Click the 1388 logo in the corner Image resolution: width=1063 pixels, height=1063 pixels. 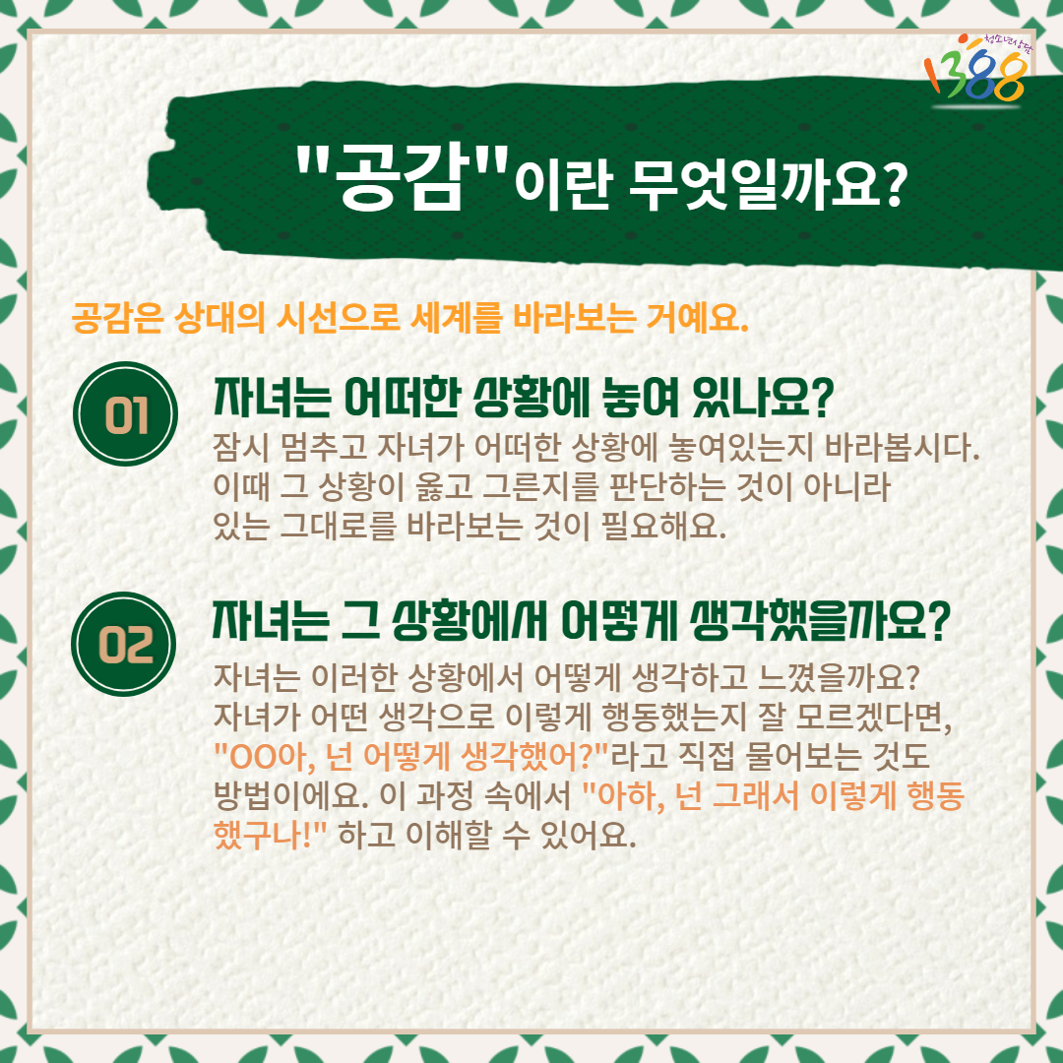[977, 68]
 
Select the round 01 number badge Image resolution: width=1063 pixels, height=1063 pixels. [125, 413]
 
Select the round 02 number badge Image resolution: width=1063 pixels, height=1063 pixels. [124, 644]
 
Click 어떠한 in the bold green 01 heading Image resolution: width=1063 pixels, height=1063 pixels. [402, 398]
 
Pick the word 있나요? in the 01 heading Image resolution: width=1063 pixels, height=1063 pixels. [763, 398]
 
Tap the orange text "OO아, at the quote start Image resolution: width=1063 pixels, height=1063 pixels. [264, 756]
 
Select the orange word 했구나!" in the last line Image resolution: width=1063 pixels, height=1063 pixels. [271, 834]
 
